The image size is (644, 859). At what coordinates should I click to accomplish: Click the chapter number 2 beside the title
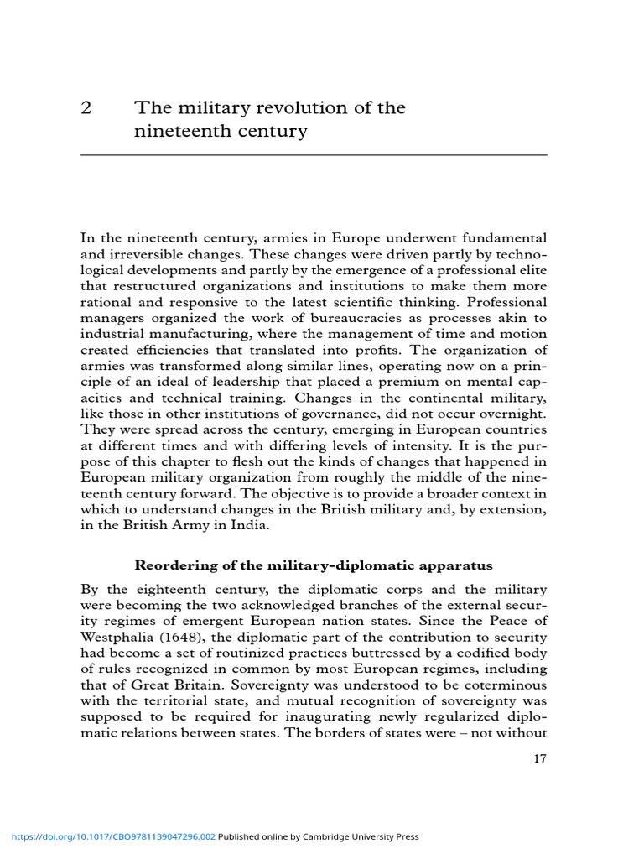(x=86, y=108)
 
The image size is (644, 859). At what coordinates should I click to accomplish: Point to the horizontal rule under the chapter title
(x=314, y=155)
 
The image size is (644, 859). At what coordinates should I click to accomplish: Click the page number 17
(x=540, y=760)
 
